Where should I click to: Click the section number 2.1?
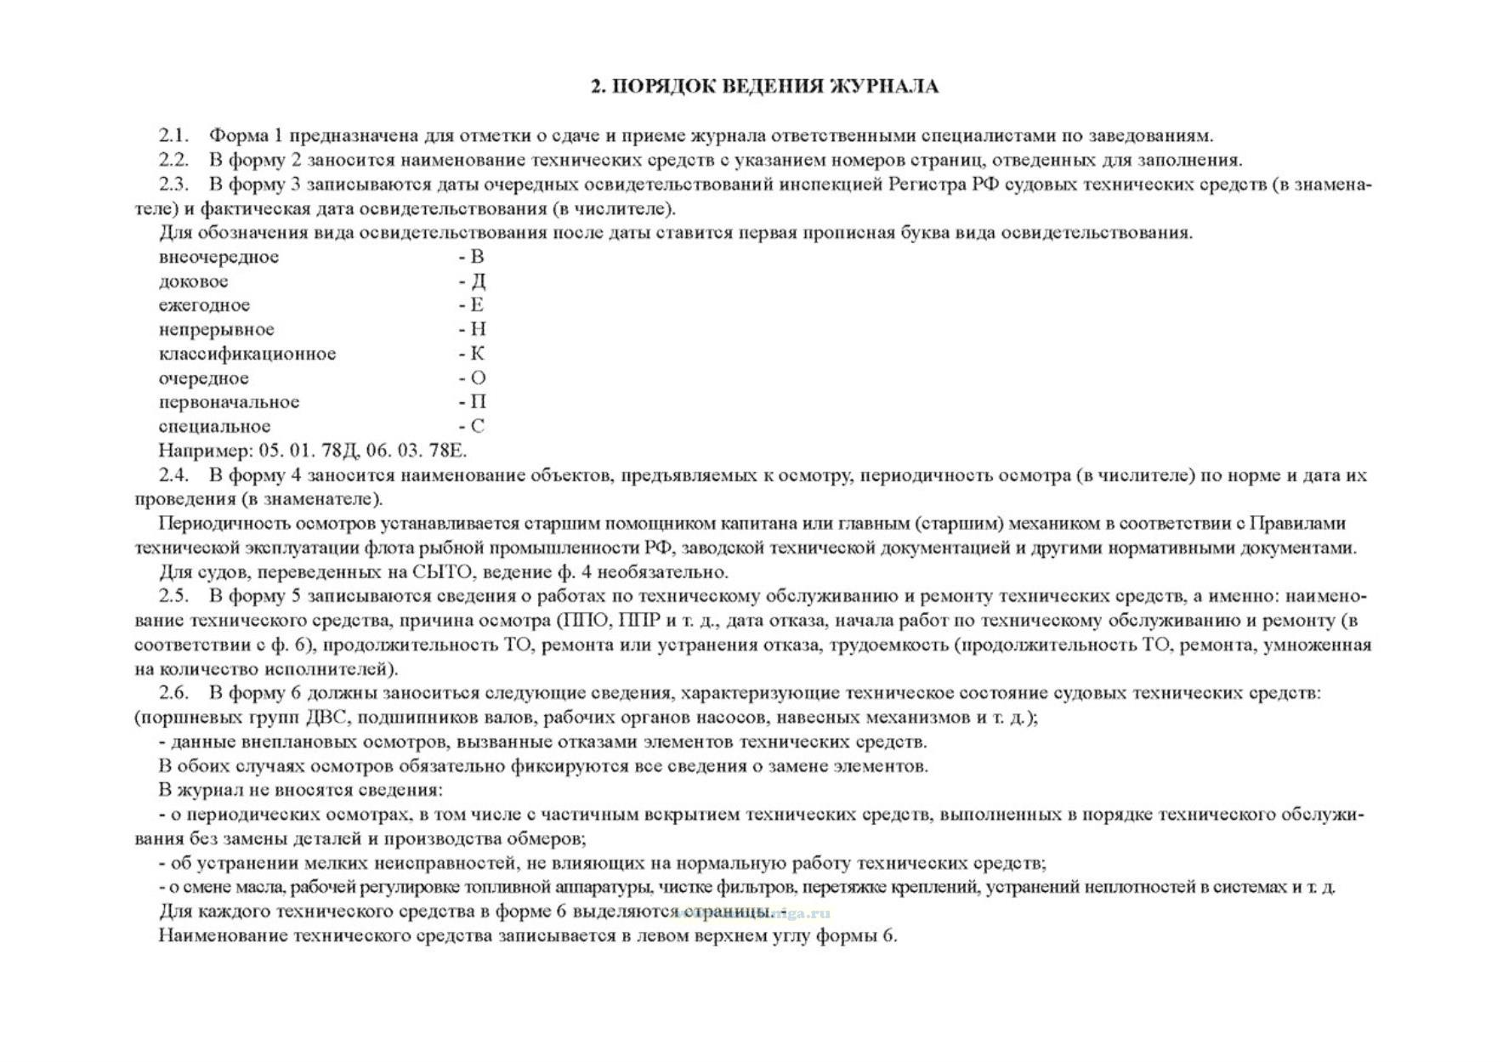click(173, 135)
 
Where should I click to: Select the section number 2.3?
click(173, 184)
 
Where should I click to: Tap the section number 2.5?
click(173, 595)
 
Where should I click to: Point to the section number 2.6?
click(173, 692)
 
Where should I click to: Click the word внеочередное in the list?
click(218, 257)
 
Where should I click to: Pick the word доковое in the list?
click(193, 281)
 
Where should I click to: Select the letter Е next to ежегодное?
click(477, 304)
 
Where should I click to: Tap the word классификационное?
click(247, 353)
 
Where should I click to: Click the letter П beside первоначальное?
click(478, 401)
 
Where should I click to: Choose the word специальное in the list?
click(214, 426)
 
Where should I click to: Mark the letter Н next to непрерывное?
click(478, 329)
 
